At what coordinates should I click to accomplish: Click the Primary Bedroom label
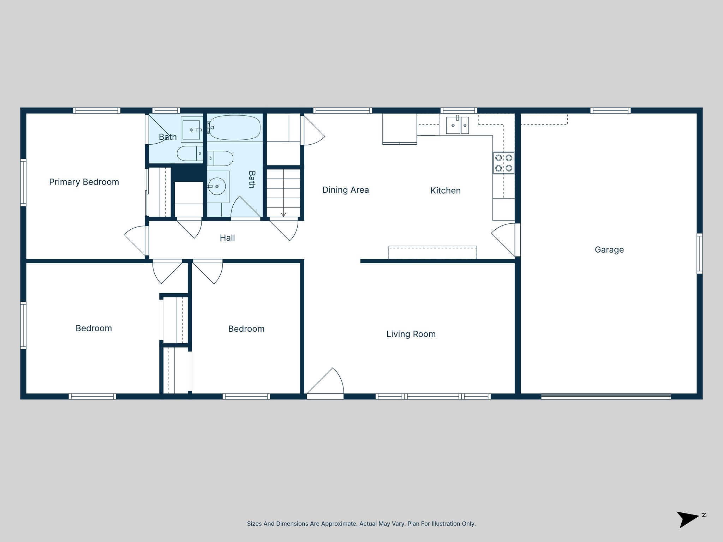(84, 182)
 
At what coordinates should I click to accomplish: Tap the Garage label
(609, 250)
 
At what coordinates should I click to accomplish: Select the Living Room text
(411, 334)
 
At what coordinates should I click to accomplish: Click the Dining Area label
(345, 190)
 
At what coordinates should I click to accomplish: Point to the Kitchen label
(445, 191)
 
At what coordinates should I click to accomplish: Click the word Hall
(227, 238)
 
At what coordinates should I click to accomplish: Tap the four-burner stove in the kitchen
(503, 163)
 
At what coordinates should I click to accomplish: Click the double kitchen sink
(457, 126)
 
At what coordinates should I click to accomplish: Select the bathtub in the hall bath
(235, 128)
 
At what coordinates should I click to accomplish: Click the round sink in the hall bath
(217, 186)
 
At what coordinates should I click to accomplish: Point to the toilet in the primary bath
(189, 153)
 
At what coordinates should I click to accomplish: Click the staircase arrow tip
(283, 215)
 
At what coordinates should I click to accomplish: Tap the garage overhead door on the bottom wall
(606, 396)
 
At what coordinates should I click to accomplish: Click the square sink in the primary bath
(191, 130)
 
